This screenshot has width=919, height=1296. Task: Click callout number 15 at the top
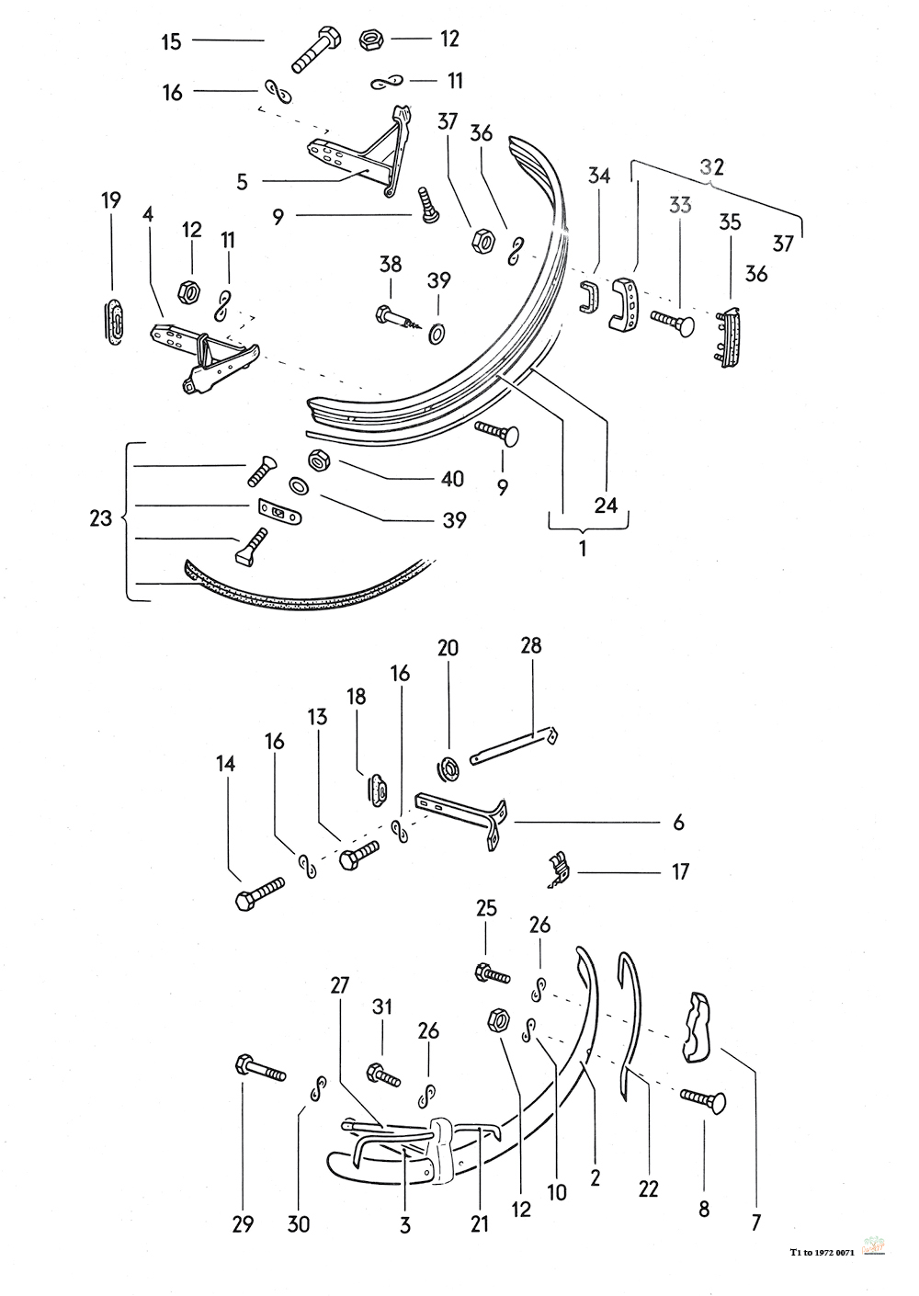tap(172, 41)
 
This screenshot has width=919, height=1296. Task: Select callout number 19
tap(111, 201)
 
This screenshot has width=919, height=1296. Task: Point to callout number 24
tap(606, 505)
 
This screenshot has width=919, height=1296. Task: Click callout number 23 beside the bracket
tap(100, 519)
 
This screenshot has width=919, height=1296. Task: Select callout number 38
tap(391, 266)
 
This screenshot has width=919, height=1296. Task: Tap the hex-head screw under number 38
tap(401, 319)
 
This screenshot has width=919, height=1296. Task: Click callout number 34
tap(599, 176)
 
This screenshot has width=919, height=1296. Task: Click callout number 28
tap(530, 646)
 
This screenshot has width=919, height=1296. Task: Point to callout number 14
tap(226, 764)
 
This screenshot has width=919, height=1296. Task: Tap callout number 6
tap(678, 823)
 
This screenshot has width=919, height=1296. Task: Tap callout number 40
tap(453, 479)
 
